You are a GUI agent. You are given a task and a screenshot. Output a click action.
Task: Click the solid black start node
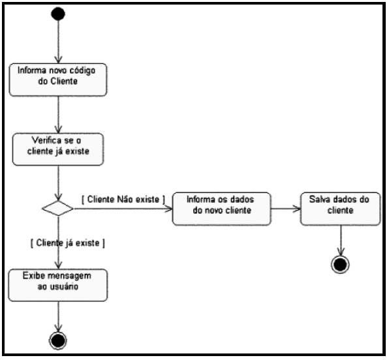[x=59, y=14]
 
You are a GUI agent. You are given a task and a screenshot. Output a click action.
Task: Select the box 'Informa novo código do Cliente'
[x=59, y=78]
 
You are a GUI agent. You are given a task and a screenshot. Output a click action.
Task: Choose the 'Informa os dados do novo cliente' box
[x=221, y=209]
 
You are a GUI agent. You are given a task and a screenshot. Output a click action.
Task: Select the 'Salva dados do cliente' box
[x=340, y=209]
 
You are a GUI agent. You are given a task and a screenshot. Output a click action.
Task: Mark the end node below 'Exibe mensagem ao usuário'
[x=59, y=340]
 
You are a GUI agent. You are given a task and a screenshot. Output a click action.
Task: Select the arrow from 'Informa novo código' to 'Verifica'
[x=59, y=113]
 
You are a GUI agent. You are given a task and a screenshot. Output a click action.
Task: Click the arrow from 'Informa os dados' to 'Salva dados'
[x=285, y=209]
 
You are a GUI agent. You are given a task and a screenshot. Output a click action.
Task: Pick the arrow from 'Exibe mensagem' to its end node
[x=59, y=316]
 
